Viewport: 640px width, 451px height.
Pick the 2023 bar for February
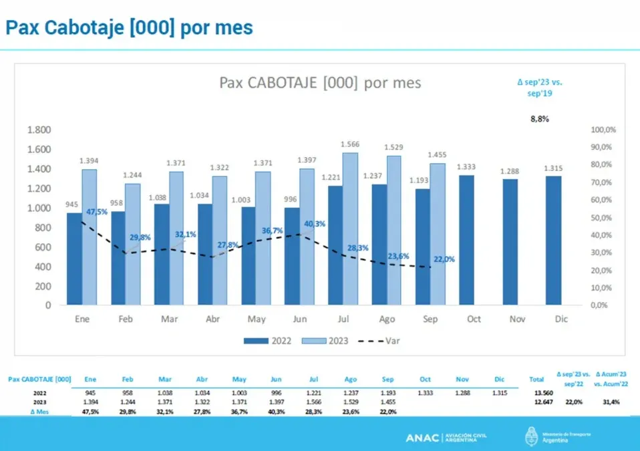pyautogui.click(x=132, y=244)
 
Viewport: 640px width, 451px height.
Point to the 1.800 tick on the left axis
pyautogui.click(x=39, y=130)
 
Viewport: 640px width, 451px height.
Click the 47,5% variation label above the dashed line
pyautogui.click(x=97, y=212)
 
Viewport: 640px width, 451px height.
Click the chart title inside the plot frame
pyautogui.click(x=320, y=83)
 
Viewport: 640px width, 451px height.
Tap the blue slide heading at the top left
pyautogui.click(x=129, y=27)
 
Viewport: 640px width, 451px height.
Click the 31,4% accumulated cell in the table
pyautogui.click(x=611, y=402)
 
